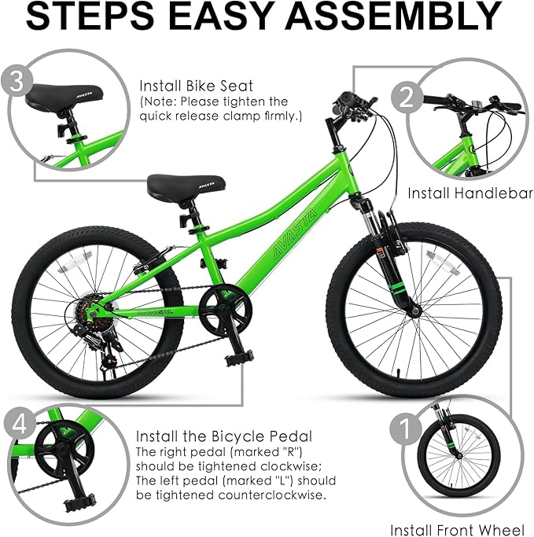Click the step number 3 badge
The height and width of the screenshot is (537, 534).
pyautogui.click(x=17, y=82)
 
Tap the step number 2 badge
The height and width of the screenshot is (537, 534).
pyautogui.click(x=407, y=97)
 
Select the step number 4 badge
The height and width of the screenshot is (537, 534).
pyautogui.click(x=20, y=425)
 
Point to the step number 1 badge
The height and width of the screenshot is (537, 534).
pyautogui.click(x=406, y=428)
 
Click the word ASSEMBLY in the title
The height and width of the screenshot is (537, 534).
pyautogui.click(x=393, y=16)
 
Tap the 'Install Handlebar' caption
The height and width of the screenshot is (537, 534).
pyautogui.click(x=470, y=193)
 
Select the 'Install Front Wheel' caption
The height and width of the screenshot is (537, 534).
pyautogui.click(x=457, y=530)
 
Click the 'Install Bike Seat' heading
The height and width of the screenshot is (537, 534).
pyautogui.click(x=197, y=86)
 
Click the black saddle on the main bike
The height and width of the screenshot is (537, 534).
pyautogui.click(x=186, y=186)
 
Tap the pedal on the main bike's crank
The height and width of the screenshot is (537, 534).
pyautogui.click(x=239, y=358)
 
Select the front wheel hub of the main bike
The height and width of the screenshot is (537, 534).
pyautogui.click(x=416, y=311)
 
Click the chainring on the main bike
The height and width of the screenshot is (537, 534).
pyautogui.click(x=225, y=311)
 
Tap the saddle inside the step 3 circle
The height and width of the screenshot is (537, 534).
pyautogui.click(x=64, y=96)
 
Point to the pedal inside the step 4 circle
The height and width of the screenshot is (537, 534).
pyautogui.click(x=79, y=502)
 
